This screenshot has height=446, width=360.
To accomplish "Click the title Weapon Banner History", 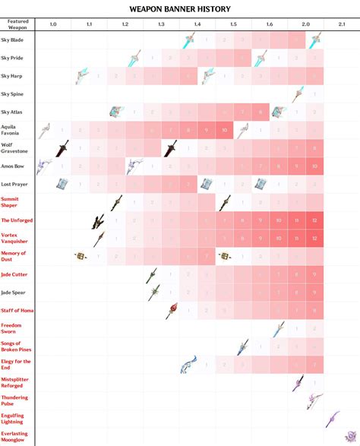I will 180,8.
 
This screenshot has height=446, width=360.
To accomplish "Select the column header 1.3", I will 161,25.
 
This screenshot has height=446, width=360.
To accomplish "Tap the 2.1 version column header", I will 342,25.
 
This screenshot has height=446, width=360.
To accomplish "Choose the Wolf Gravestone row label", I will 13,146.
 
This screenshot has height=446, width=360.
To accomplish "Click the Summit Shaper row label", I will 11,201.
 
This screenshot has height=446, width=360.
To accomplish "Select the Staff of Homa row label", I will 17,310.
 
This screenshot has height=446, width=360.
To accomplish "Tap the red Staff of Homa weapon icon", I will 172,310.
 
